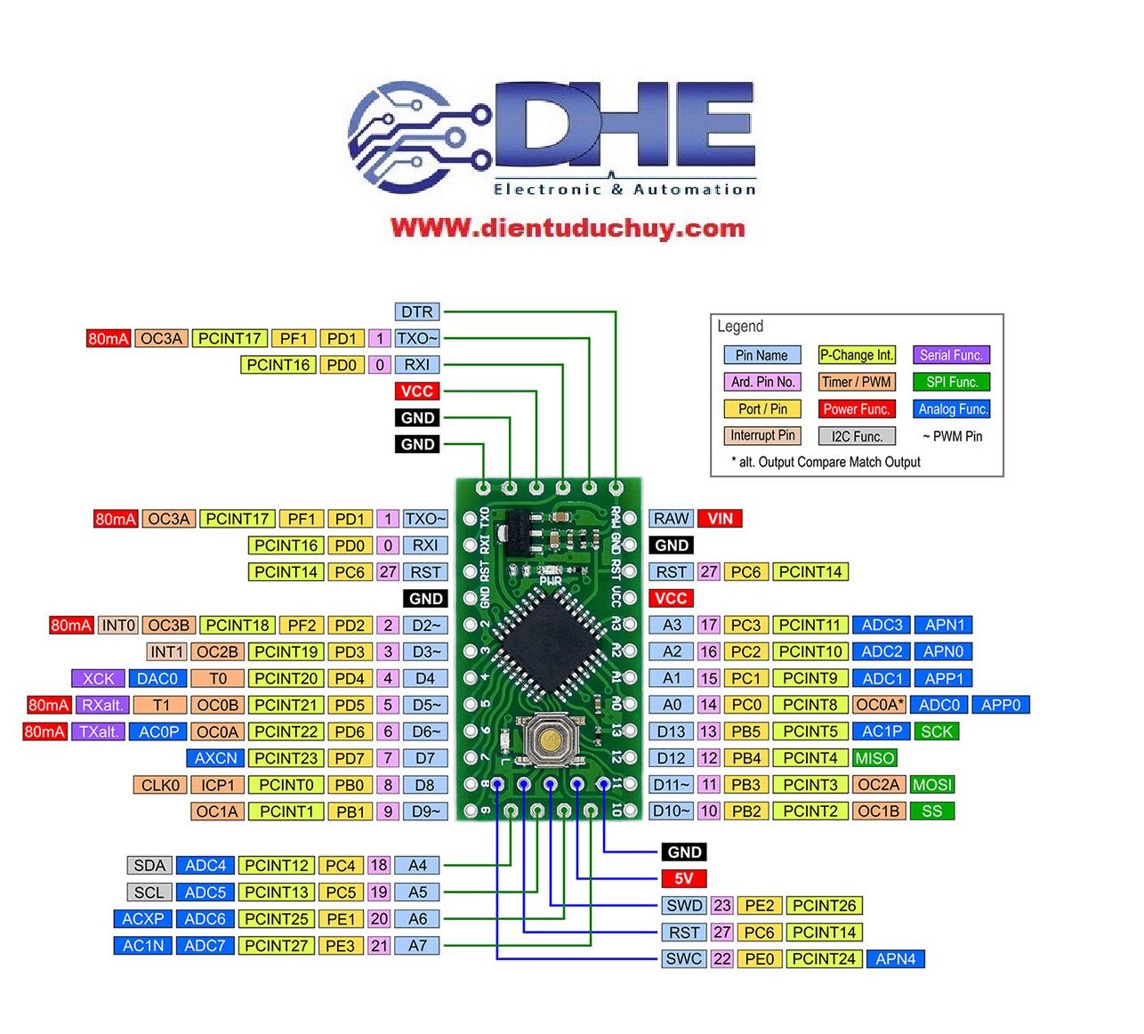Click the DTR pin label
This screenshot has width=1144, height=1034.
tap(416, 311)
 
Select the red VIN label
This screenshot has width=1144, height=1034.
tap(720, 519)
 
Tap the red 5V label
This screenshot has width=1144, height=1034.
tap(683, 879)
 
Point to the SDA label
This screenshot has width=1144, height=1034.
tap(149, 865)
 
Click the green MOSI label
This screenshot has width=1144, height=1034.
tap(931, 785)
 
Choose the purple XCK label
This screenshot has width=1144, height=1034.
tap(98, 678)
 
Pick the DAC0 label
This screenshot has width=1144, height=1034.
tap(157, 678)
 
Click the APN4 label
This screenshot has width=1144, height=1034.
tap(895, 959)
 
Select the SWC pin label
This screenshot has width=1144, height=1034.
tap(684, 959)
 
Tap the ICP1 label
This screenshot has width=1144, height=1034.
tap(218, 785)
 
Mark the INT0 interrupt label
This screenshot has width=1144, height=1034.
tap(118, 625)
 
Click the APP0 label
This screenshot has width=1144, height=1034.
tap(1000, 705)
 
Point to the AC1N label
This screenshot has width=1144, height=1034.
tap(142, 946)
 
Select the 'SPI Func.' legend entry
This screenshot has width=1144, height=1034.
tap(951, 382)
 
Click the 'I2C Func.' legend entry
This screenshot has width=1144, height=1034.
tap(856, 436)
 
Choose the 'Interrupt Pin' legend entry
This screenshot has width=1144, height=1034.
tap(762, 435)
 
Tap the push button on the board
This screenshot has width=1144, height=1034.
tap(549, 739)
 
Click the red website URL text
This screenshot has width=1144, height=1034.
tap(568, 229)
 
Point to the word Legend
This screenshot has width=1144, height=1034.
tap(740, 327)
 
